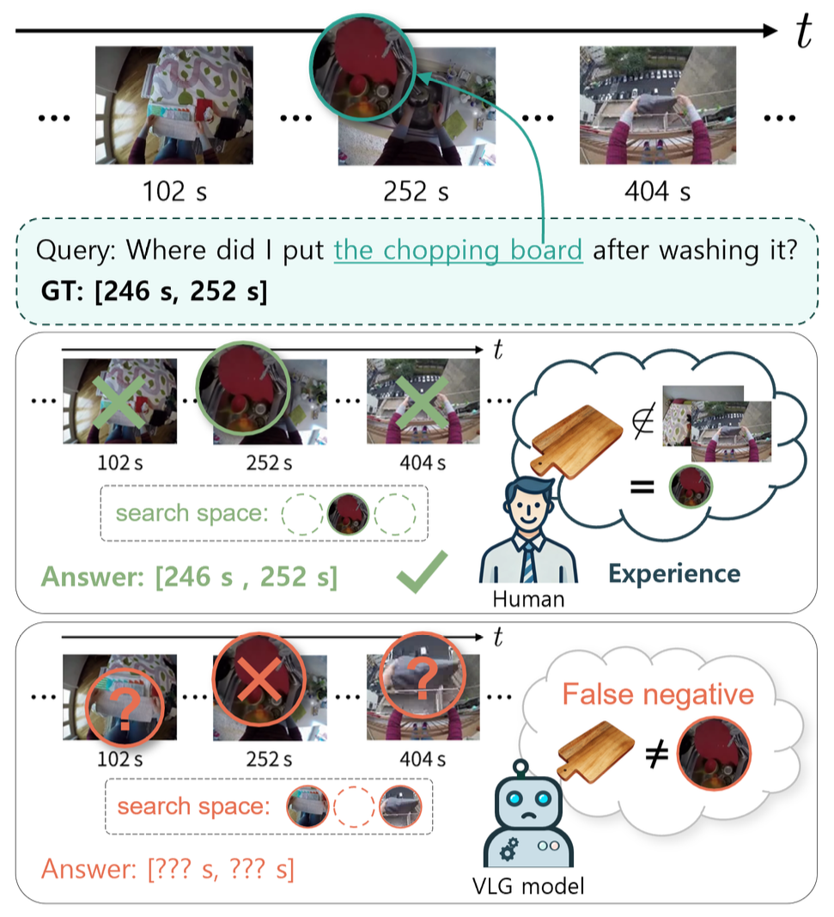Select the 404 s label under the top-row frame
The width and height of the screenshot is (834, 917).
[x=659, y=192]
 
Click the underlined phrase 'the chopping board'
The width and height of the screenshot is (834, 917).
[x=458, y=251]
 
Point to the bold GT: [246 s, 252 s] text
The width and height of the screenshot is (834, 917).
[x=153, y=290]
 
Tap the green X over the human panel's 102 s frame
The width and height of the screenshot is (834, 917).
[x=120, y=401]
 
